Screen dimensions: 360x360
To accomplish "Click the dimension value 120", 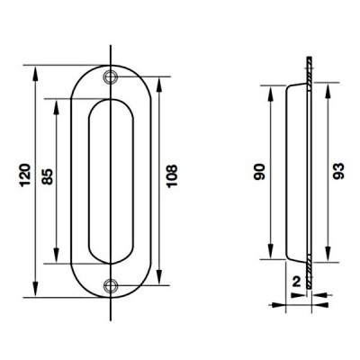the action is [25, 175].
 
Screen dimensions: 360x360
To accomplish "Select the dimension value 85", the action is [48, 176].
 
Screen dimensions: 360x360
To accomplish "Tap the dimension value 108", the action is [172, 176].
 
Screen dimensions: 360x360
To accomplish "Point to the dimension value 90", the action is [259, 172].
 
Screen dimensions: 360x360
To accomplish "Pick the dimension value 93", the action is [338, 171].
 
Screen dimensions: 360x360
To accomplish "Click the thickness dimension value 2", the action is [296, 282].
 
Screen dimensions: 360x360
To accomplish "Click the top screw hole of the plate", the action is [110, 76].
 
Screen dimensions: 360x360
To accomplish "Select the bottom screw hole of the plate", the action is [110, 285].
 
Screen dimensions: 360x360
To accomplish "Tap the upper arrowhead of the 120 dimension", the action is [35, 74].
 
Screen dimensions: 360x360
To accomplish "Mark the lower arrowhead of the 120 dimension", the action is [35, 289].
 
